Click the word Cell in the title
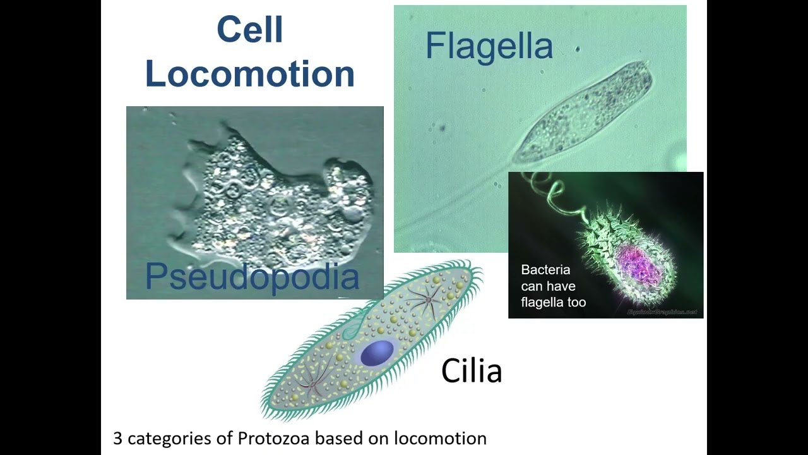[x=249, y=30]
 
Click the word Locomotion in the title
[x=249, y=74]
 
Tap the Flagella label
[x=489, y=46]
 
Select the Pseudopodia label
[x=252, y=277]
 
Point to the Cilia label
[x=471, y=371]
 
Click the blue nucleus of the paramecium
[x=377, y=353]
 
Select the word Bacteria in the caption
[x=545, y=270]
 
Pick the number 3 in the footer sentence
[x=117, y=438]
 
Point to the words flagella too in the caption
[x=553, y=303]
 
